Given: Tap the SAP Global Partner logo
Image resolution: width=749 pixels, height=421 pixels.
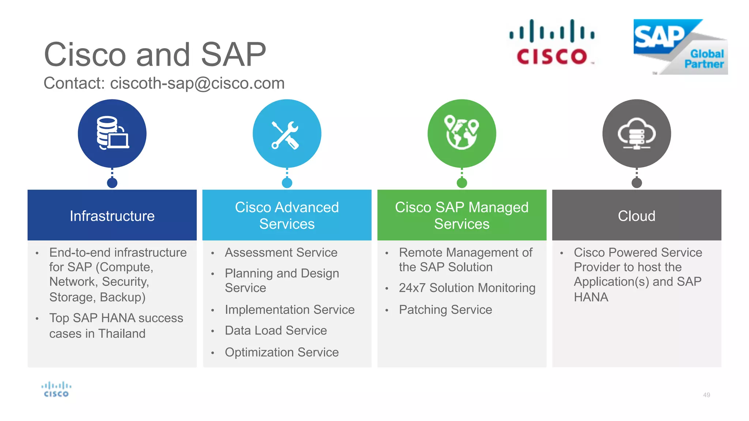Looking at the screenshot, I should pyautogui.click(x=680, y=47).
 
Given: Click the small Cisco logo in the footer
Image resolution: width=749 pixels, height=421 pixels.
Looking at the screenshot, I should pyautogui.click(x=56, y=389).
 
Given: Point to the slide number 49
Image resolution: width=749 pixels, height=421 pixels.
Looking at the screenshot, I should pyautogui.click(x=707, y=395).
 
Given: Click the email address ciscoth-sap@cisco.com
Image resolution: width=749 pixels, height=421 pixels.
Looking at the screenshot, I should pyautogui.click(x=197, y=83).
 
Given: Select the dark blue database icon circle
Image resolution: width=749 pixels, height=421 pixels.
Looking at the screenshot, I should pyautogui.click(x=112, y=133).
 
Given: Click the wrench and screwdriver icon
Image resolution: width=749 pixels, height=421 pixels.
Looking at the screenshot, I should pyautogui.click(x=287, y=134).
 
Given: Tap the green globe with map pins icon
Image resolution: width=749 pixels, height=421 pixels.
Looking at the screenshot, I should pyautogui.click(x=462, y=133).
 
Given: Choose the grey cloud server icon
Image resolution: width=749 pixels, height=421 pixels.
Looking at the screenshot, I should pyautogui.click(x=636, y=134).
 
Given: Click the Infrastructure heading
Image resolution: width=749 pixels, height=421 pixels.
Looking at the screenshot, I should pyautogui.click(x=112, y=216).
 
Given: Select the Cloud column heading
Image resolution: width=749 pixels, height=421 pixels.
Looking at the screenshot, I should pyautogui.click(x=636, y=216).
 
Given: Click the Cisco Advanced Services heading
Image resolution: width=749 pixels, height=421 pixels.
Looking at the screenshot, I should pyautogui.click(x=287, y=216).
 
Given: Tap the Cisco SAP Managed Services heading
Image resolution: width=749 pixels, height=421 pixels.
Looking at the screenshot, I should pyautogui.click(x=462, y=216).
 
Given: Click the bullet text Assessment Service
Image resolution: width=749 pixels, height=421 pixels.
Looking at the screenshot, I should pyautogui.click(x=281, y=253).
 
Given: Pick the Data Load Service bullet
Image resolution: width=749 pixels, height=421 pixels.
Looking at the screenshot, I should pyautogui.click(x=276, y=330).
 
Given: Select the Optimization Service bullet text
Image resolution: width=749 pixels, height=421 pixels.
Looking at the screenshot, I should pyautogui.click(x=282, y=352).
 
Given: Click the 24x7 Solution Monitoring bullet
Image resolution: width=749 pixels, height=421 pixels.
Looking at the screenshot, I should pyautogui.click(x=467, y=288).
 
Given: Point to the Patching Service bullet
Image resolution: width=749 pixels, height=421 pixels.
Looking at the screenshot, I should pyautogui.click(x=445, y=310).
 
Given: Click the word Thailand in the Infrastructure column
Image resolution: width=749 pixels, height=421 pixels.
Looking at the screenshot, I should pyautogui.click(x=122, y=334).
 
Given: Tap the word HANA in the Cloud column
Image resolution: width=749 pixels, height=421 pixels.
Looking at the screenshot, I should pyautogui.click(x=591, y=297).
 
